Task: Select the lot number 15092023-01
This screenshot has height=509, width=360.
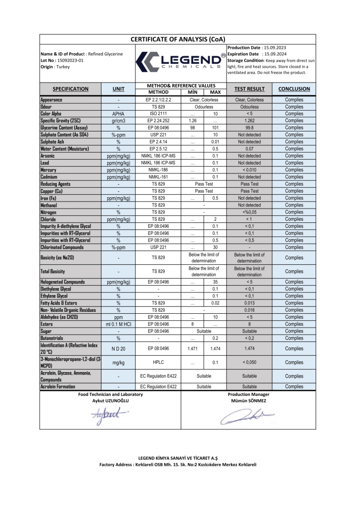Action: pyautogui.click(x=70, y=60)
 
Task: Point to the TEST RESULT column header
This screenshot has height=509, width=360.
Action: pyautogui.click(x=250, y=89)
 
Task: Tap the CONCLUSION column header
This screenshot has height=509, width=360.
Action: pyautogui.click(x=294, y=89)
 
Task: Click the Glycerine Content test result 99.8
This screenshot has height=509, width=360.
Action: pyautogui.click(x=250, y=127)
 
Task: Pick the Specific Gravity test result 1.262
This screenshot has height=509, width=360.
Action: pyautogui.click(x=250, y=121)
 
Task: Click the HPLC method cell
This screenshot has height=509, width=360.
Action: pyautogui.click(x=158, y=362)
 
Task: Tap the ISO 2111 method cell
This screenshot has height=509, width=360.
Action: pyautogui.click(x=158, y=114)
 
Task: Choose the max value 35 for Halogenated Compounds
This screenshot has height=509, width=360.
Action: pyautogui.click(x=215, y=282)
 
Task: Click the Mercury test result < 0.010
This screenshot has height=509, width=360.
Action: pyautogui.click(x=250, y=170)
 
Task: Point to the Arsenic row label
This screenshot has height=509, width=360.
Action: pyautogui.click(x=51, y=156)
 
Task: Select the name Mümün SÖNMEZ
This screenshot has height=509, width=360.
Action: pyautogui.click(x=249, y=401)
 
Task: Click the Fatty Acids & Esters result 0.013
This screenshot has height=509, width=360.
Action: pyautogui.click(x=250, y=303)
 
